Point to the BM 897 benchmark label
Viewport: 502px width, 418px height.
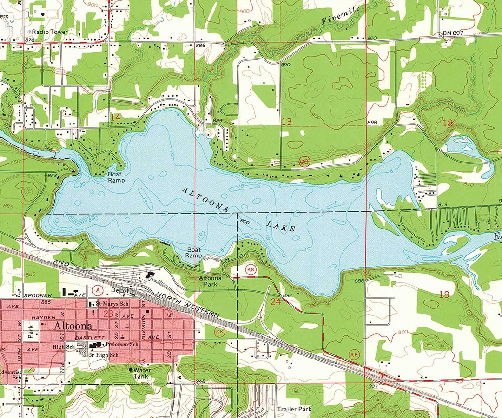[453, 34]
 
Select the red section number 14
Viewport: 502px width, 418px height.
[115, 118]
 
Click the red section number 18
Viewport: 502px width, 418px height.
[448, 123]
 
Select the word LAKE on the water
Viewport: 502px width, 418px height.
[281, 226]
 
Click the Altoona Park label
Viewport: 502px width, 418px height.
[210, 281]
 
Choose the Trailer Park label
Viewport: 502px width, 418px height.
[293, 409]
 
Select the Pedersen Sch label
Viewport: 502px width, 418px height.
[122, 345]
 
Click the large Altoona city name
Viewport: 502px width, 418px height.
[71, 326]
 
